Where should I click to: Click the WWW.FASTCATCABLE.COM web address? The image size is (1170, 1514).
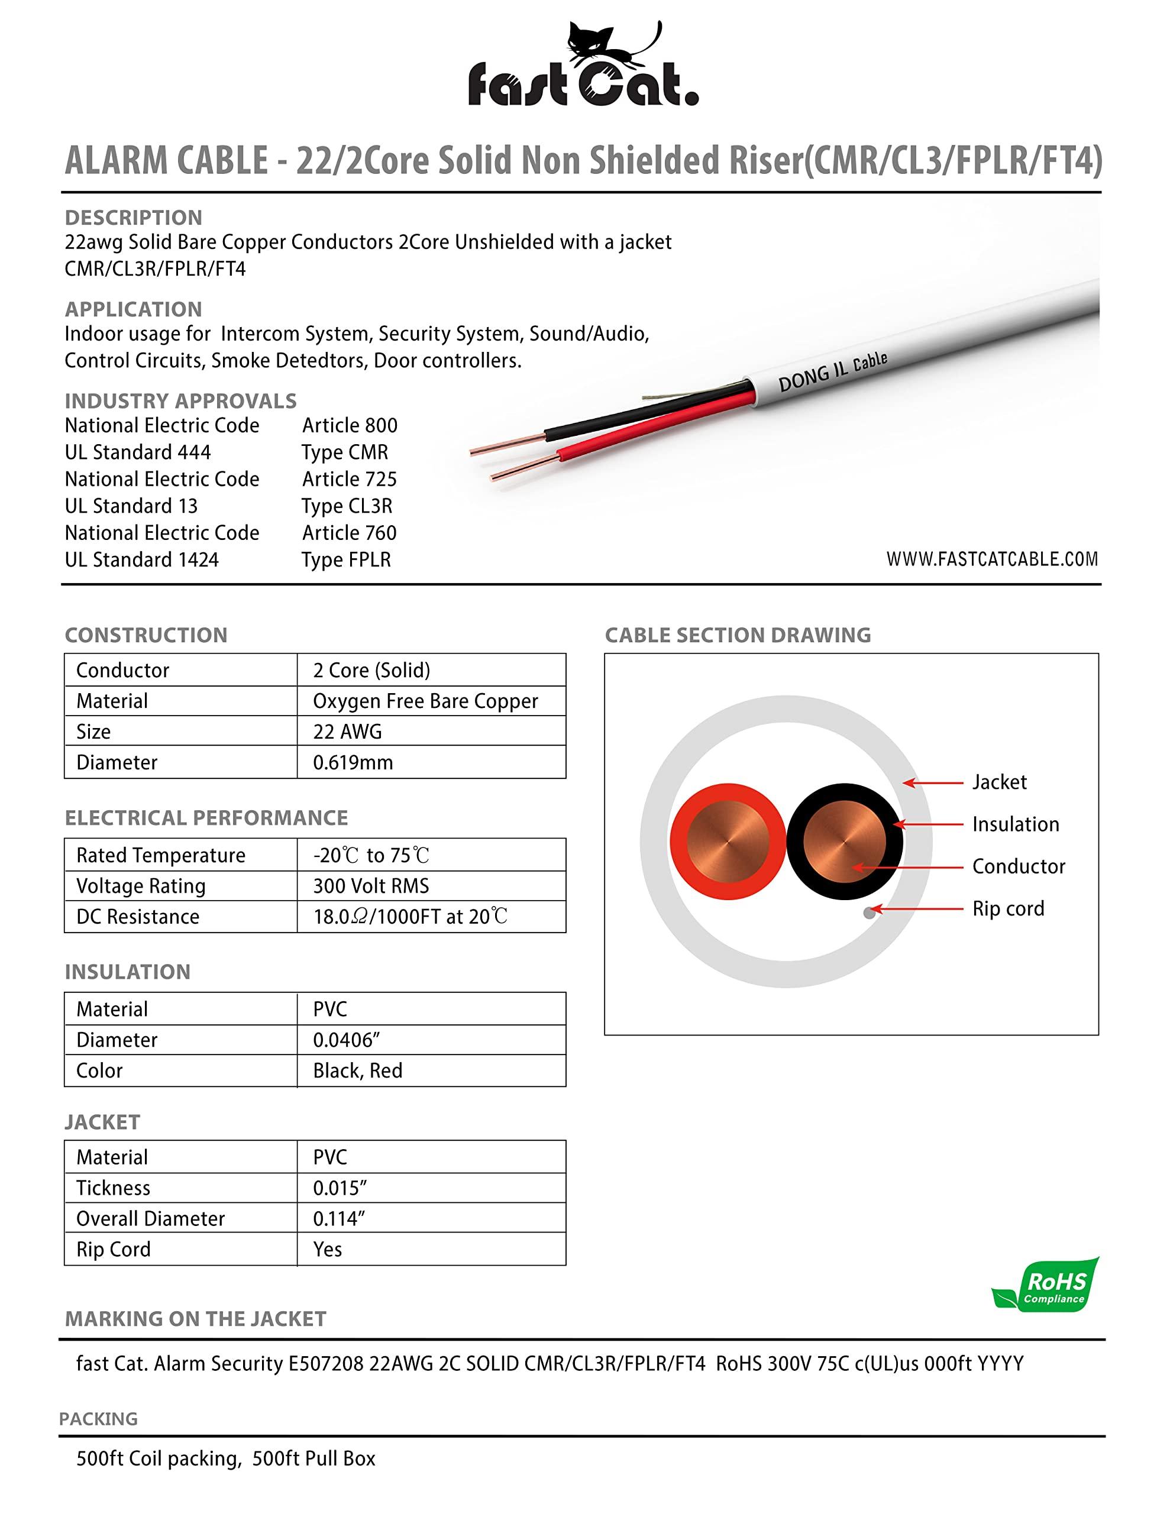tap(992, 559)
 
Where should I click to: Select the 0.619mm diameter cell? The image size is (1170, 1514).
tap(353, 762)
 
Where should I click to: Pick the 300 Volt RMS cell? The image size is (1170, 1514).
tap(371, 886)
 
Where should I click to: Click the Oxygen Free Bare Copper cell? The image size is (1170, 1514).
tap(425, 701)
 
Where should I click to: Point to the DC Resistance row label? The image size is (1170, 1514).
tap(137, 917)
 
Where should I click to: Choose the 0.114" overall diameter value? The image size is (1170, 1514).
tap(338, 1219)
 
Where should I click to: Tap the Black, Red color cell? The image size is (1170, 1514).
tap(357, 1070)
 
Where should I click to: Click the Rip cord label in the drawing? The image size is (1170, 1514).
tap(1008, 908)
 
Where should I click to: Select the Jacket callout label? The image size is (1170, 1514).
tap(998, 782)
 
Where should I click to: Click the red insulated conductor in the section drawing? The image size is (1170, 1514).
tap(728, 842)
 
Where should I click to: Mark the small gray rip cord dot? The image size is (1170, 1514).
tap(869, 913)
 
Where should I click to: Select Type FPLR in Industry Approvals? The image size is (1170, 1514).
tap(346, 559)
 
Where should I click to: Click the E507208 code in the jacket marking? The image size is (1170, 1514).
tap(326, 1364)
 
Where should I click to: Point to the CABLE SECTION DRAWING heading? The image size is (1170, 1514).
tap(737, 635)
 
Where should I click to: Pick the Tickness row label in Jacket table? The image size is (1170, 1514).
tap(113, 1188)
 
